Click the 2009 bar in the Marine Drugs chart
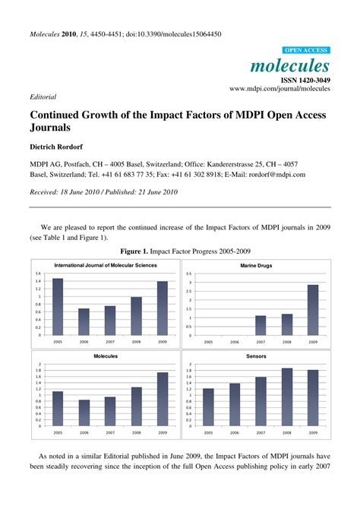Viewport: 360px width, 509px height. click(312, 311)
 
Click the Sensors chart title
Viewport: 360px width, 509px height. click(256, 356)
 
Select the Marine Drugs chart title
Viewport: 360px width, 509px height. click(256, 266)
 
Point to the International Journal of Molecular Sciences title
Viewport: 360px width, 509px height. click(106, 265)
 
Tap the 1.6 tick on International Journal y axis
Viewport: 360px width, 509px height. click(38, 273)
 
